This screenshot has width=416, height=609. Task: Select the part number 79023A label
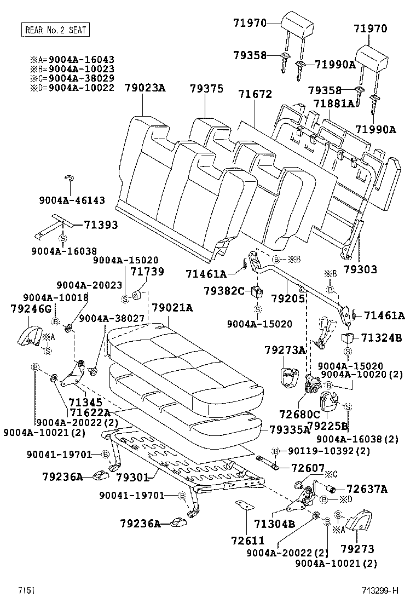(144, 88)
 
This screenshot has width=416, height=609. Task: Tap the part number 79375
(206, 88)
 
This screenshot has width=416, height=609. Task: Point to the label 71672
(255, 94)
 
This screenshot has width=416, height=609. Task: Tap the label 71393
(101, 225)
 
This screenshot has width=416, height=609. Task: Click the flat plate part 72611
(242, 504)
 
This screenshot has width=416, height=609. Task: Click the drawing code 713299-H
(379, 591)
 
